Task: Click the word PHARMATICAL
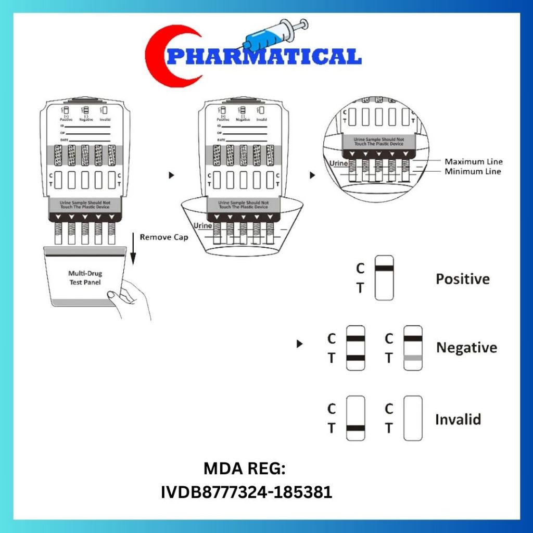pos(265,56)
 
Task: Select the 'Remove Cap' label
pos(163,237)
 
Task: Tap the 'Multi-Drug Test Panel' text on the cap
pos(84,278)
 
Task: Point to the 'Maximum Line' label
pos(473,162)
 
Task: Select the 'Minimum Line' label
pos(473,171)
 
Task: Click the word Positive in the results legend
pos(462,279)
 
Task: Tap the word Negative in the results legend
pos(466,348)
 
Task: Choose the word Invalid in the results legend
pos(459,420)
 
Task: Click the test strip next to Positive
pos(384,277)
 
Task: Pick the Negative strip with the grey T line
pos(413,348)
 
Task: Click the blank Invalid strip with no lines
pos(413,418)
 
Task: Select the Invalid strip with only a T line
pos(356,418)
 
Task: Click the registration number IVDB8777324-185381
pos(247,491)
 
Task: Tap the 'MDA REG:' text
pos(244,469)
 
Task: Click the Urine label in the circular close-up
pos(338,163)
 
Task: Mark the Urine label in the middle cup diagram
pos(202,225)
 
